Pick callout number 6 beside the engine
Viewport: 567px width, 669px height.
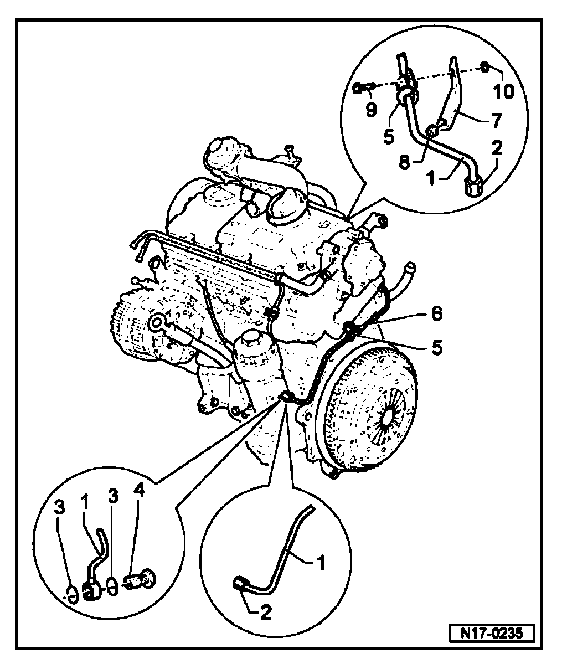click(x=437, y=314)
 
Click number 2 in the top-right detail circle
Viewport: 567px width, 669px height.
click(x=497, y=148)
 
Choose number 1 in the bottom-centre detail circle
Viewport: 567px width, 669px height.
click(x=319, y=564)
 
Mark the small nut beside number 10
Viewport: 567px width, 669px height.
click(x=483, y=67)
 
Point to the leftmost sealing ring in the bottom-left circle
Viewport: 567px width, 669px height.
click(x=71, y=593)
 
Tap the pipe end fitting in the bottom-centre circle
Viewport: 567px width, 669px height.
click(x=240, y=582)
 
